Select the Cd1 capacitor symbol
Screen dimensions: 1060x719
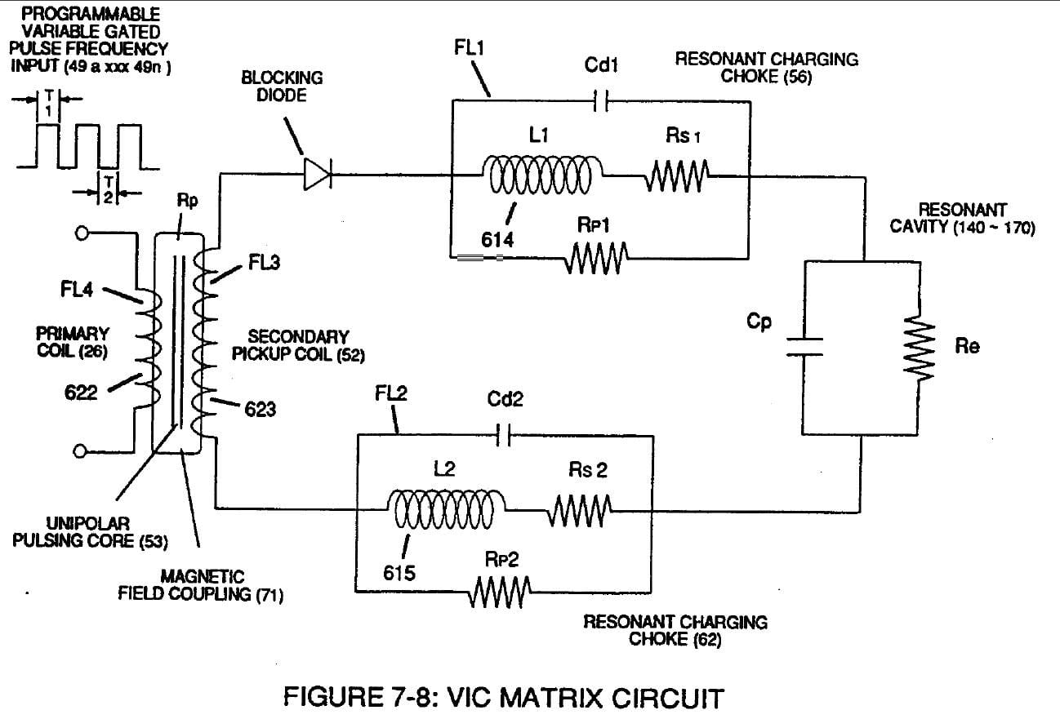pos(601,101)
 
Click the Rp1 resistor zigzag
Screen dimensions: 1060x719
pos(596,258)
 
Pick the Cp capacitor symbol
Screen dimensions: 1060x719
pos(804,347)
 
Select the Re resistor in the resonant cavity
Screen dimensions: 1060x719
pos(919,348)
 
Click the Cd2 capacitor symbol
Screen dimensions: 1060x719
pos(504,435)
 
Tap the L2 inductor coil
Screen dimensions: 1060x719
pos(446,509)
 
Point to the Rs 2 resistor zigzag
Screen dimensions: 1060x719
pos(580,510)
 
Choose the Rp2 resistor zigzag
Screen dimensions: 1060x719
pos(500,592)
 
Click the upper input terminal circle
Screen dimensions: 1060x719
pos(82,233)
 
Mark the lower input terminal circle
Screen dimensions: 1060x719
pos(80,451)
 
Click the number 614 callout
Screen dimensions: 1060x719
pos(497,240)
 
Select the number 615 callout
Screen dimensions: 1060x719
pos(399,573)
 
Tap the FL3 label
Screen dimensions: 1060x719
pos(264,262)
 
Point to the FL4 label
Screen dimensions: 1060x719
pos(77,289)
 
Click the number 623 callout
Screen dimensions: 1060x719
pos(260,409)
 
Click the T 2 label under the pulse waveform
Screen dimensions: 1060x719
pos(109,189)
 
